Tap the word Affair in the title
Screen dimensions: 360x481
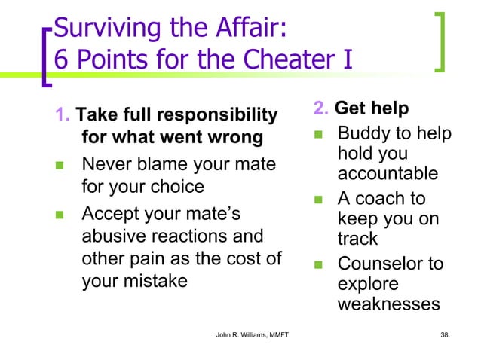(240, 31)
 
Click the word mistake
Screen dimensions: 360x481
(161, 280)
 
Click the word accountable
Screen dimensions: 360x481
(388, 174)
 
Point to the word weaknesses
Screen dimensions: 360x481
(388, 304)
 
